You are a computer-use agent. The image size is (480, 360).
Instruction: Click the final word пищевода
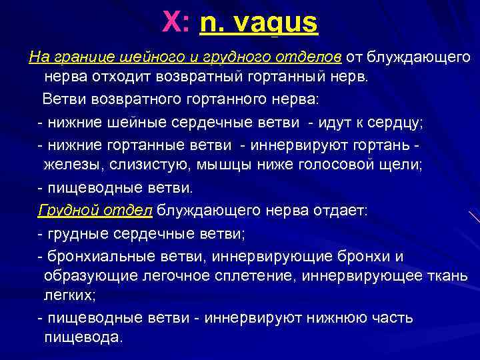[x=83, y=337]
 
